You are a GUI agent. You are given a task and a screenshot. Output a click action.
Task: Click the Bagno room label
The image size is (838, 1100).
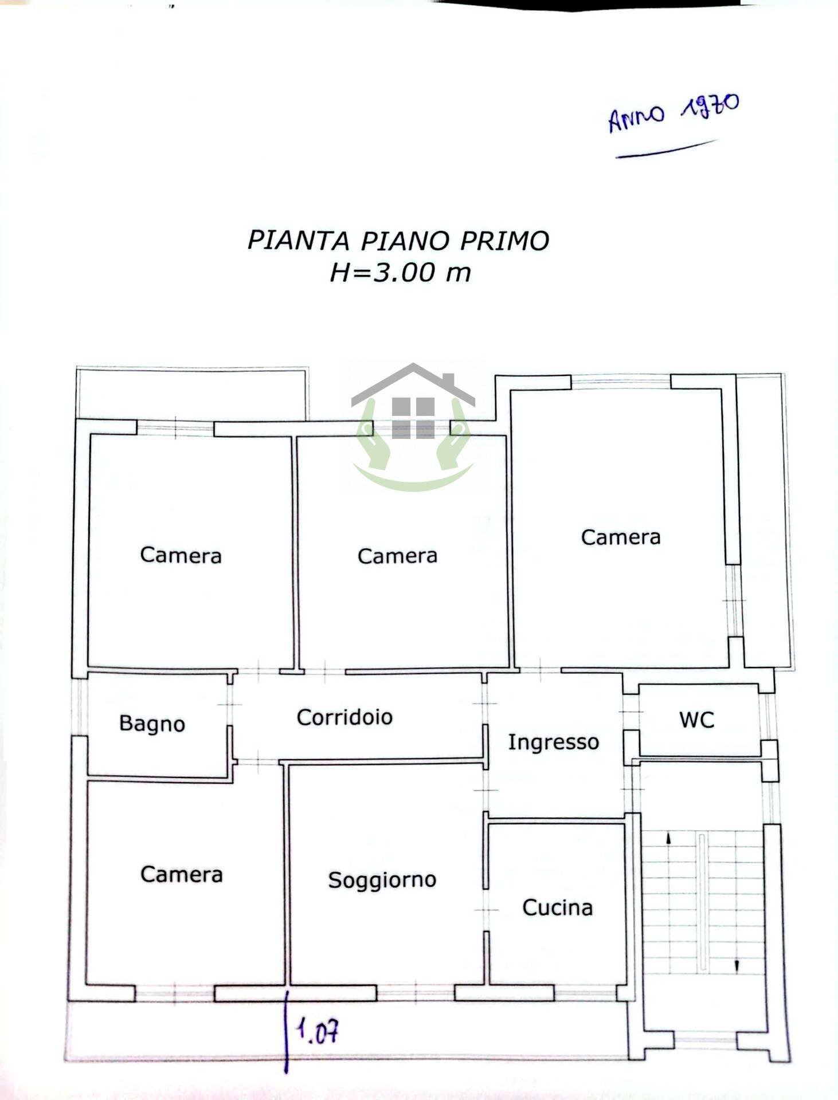(x=152, y=724)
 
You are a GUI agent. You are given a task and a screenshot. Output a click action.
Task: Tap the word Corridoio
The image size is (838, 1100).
(x=344, y=717)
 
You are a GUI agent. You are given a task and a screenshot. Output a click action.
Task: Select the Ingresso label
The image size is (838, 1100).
(x=553, y=742)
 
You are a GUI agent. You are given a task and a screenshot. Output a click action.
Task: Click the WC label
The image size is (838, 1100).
(x=696, y=720)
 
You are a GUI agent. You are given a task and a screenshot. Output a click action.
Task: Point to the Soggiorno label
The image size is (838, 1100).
(x=382, y=880)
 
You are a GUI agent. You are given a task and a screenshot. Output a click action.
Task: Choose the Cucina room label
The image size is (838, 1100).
(x=557, y=907)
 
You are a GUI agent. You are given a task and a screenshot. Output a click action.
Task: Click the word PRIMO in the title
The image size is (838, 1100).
(x=504, y=241)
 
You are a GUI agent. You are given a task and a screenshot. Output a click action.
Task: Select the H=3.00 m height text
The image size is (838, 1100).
(x=400, y=272)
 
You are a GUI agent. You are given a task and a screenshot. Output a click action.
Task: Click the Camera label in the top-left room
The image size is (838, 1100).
(x=181, y=555)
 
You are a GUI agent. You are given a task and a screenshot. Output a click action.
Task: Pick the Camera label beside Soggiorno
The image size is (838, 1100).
(x=181, y=874)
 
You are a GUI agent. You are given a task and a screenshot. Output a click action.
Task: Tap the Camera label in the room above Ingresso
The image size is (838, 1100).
(x=620, y=537)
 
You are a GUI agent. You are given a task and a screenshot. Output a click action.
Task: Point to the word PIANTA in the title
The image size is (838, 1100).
(x=298, y=241)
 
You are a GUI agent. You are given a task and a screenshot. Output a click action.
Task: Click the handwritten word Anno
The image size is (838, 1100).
(x=636, y=119)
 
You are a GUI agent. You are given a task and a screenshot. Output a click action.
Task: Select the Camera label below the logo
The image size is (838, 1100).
(x=397, y=556)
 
